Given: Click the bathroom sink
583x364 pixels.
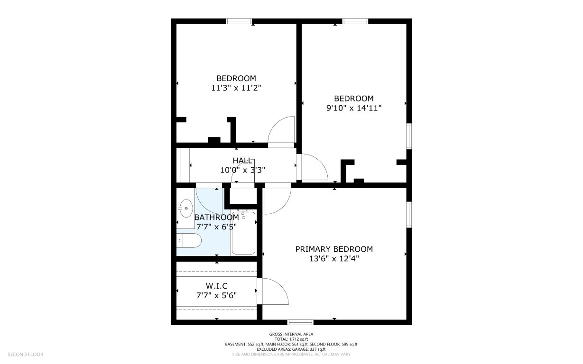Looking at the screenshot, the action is pyautogui.click(x=186, y=208).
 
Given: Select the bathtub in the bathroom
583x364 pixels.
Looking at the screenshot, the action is pyautogui.click(x=244, y=233).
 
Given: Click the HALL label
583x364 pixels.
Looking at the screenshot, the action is pyautogui.click(x=242, y=160).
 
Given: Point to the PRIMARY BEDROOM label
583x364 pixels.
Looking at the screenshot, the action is pyautogui.click(x=334, y=249).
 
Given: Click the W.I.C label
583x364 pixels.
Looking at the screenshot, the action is pyautogui.click(x=216, y=286).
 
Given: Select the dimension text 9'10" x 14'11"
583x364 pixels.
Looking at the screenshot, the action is pyautogui.click(x=354, y=108).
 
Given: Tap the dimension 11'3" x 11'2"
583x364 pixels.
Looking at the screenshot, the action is pyautogui.click(x=236, y=88).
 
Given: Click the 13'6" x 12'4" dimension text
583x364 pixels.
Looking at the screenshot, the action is pyautogui.click(x=334, y=259).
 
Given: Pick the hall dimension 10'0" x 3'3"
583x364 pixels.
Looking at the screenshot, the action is pyautogui.click(x=242, y=170).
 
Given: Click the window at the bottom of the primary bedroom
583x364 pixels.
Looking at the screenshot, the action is pyautogui.click(x=300, y=322).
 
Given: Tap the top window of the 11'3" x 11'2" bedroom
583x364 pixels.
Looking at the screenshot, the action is pyautogui.click(x=239, y=21).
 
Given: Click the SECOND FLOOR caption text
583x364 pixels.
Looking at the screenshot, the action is pyautogui.click(x=26, y=355).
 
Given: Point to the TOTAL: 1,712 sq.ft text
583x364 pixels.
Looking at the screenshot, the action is pyautogui.click(x=291, y=339).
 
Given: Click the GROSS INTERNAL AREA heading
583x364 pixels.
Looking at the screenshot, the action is pyautogui.click(x=291, y=334).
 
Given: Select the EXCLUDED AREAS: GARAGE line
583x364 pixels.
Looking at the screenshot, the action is pyautogui.click(x=291, y=349).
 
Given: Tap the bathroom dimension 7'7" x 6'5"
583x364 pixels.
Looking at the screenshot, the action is pyautogui.click(x=216, y=227).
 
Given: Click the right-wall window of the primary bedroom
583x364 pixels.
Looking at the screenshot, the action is pyautogui.click(x=409, y=215).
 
